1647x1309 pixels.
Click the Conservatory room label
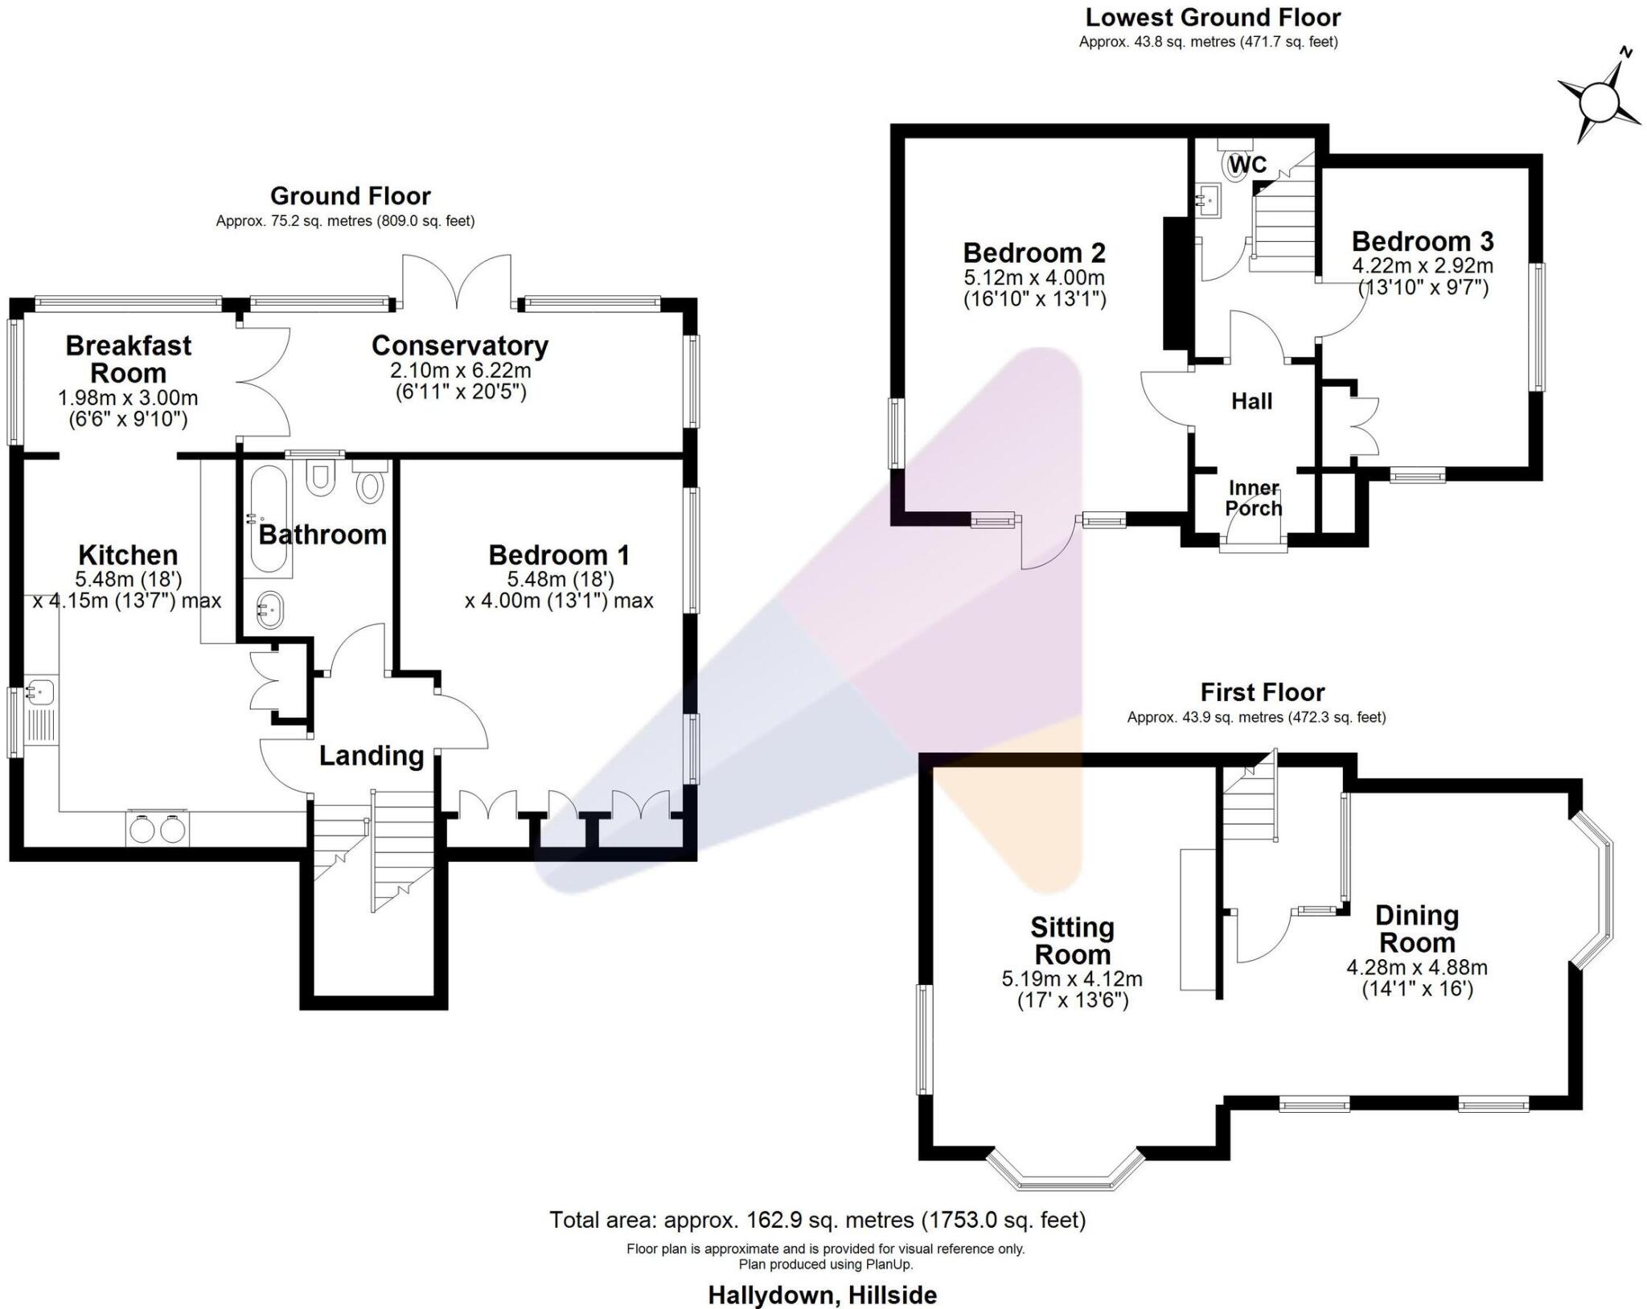(459, 346)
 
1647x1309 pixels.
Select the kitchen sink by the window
(40, 691)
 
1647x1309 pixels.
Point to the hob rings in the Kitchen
(158, 829)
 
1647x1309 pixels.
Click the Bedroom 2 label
(1034, 253)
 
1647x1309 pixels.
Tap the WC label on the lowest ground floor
(1247, 165)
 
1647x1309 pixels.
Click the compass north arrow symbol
(1599, 100)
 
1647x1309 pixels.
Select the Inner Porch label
(1253, 499)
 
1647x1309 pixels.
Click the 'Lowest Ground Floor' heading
(1213, 17)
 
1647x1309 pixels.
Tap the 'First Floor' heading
(1262, 692)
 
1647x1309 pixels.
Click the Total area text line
(817, 1220)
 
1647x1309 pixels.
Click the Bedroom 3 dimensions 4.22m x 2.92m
(1423, 265)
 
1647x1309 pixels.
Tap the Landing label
(371, 756)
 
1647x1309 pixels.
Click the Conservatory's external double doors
(457, 281)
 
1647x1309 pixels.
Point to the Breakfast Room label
(128, 359)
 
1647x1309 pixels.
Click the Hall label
(1251, 401)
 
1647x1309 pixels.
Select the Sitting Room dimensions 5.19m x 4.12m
(1071, 979)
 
